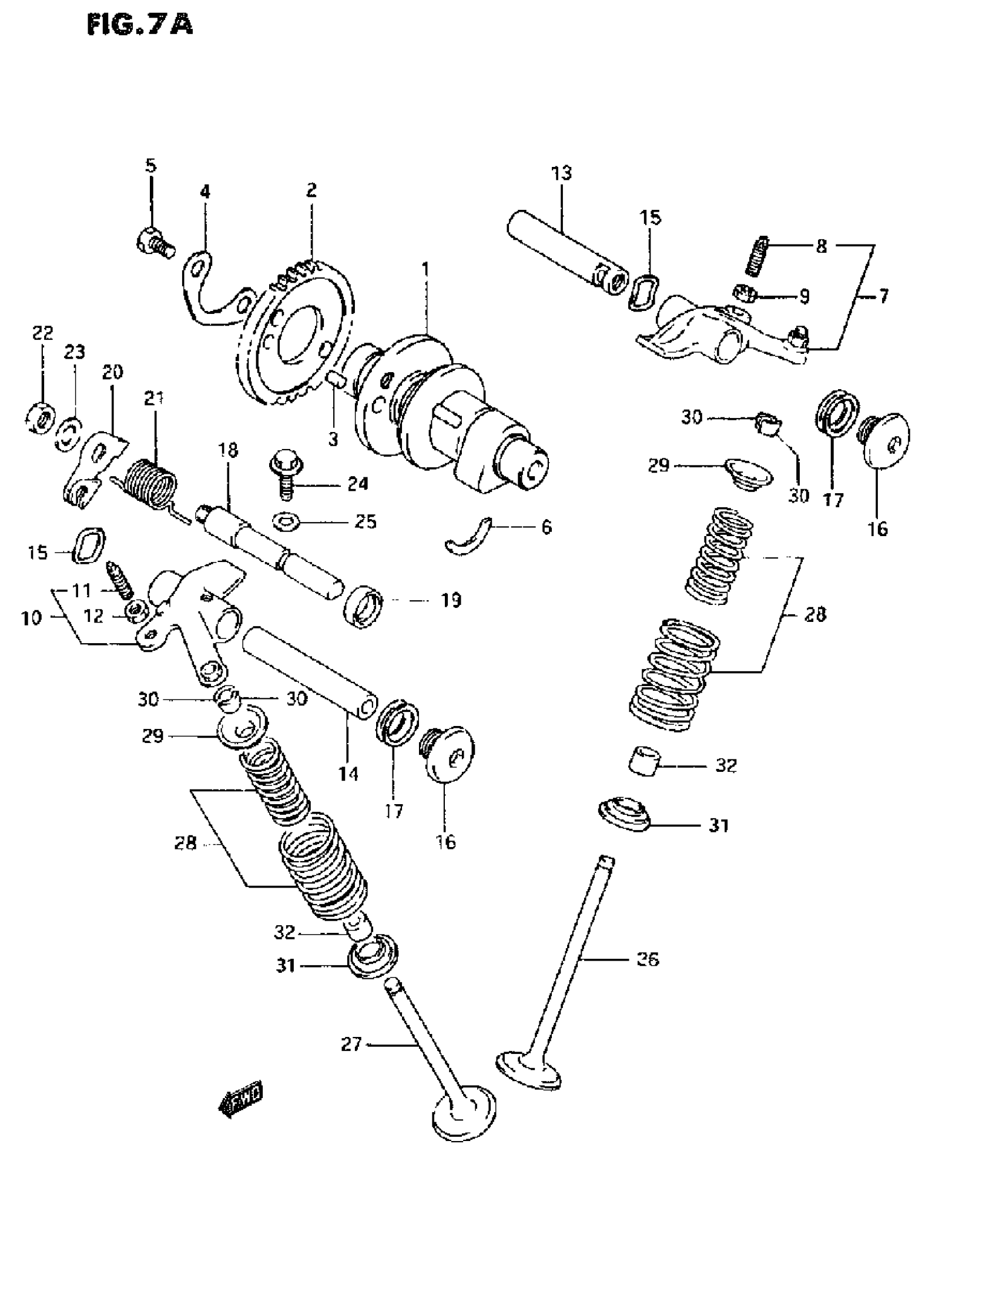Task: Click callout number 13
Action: click(x=561, y=173)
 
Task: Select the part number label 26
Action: click(x=648, y=959)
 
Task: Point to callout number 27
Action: click(x=351, y=1044)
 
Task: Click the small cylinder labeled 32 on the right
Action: click(x=645, y=759)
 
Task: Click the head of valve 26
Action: click(x=528, y=1071)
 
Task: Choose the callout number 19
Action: click(x=451, y=600)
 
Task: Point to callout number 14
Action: click(x=348, y=774)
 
